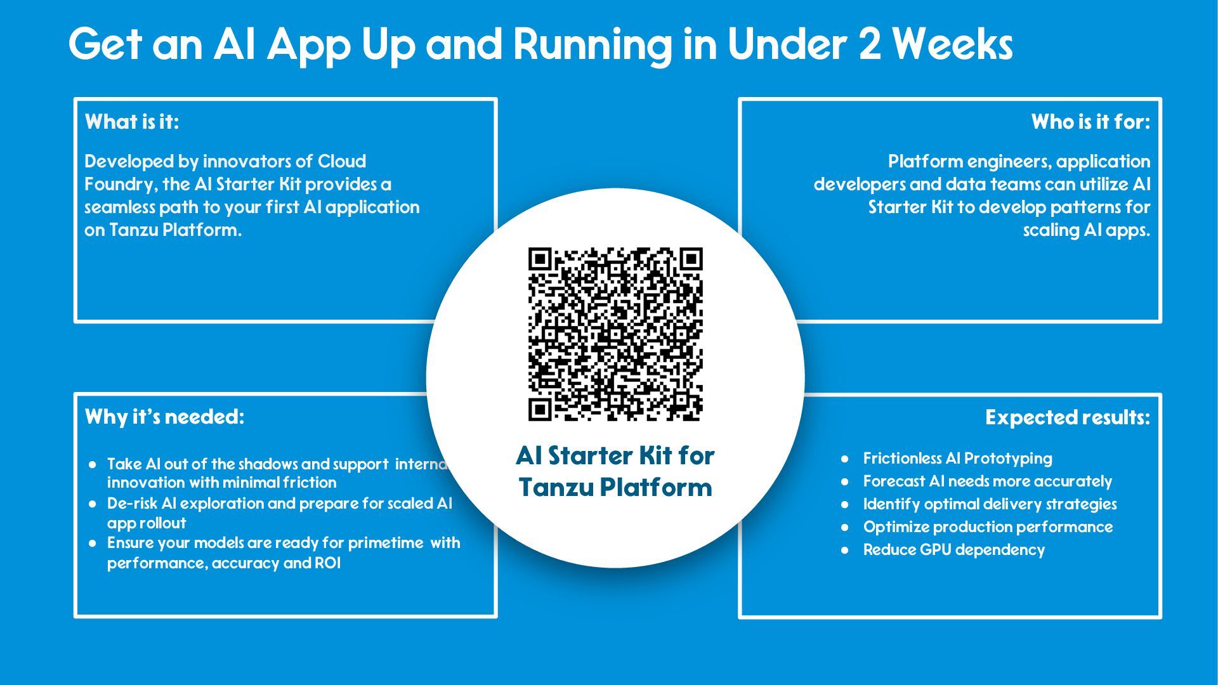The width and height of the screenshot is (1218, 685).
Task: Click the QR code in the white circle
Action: coord(615,334)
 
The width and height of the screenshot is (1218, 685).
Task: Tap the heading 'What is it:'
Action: coord(132,122)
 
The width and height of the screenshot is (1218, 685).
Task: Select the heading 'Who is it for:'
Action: coord(1090,122)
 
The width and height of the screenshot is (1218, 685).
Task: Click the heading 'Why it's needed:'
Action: coord(164,417)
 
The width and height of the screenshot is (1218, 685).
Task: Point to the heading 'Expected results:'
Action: coord(1067,417)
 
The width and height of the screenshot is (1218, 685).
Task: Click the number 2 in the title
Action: coord(870,44)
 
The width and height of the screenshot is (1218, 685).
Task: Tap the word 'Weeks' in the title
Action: coord(952,44)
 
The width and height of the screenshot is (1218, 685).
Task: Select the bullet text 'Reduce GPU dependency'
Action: coord(953,550)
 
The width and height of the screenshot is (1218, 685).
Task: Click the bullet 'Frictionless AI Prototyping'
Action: coord(957,459)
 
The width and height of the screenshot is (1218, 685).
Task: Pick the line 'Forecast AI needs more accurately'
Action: coord(987,481)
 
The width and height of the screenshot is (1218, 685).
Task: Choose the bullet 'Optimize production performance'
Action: coord(988,527)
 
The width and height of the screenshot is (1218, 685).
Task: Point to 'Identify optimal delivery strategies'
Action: coord(990,504)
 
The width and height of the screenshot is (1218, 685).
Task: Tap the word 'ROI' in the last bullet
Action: coord(327,563)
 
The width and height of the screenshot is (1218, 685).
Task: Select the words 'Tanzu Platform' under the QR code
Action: coord(615,488)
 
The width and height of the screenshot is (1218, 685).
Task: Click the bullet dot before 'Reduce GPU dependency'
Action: coord(844,551)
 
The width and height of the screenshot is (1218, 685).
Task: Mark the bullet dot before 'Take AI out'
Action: coord(93,465)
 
